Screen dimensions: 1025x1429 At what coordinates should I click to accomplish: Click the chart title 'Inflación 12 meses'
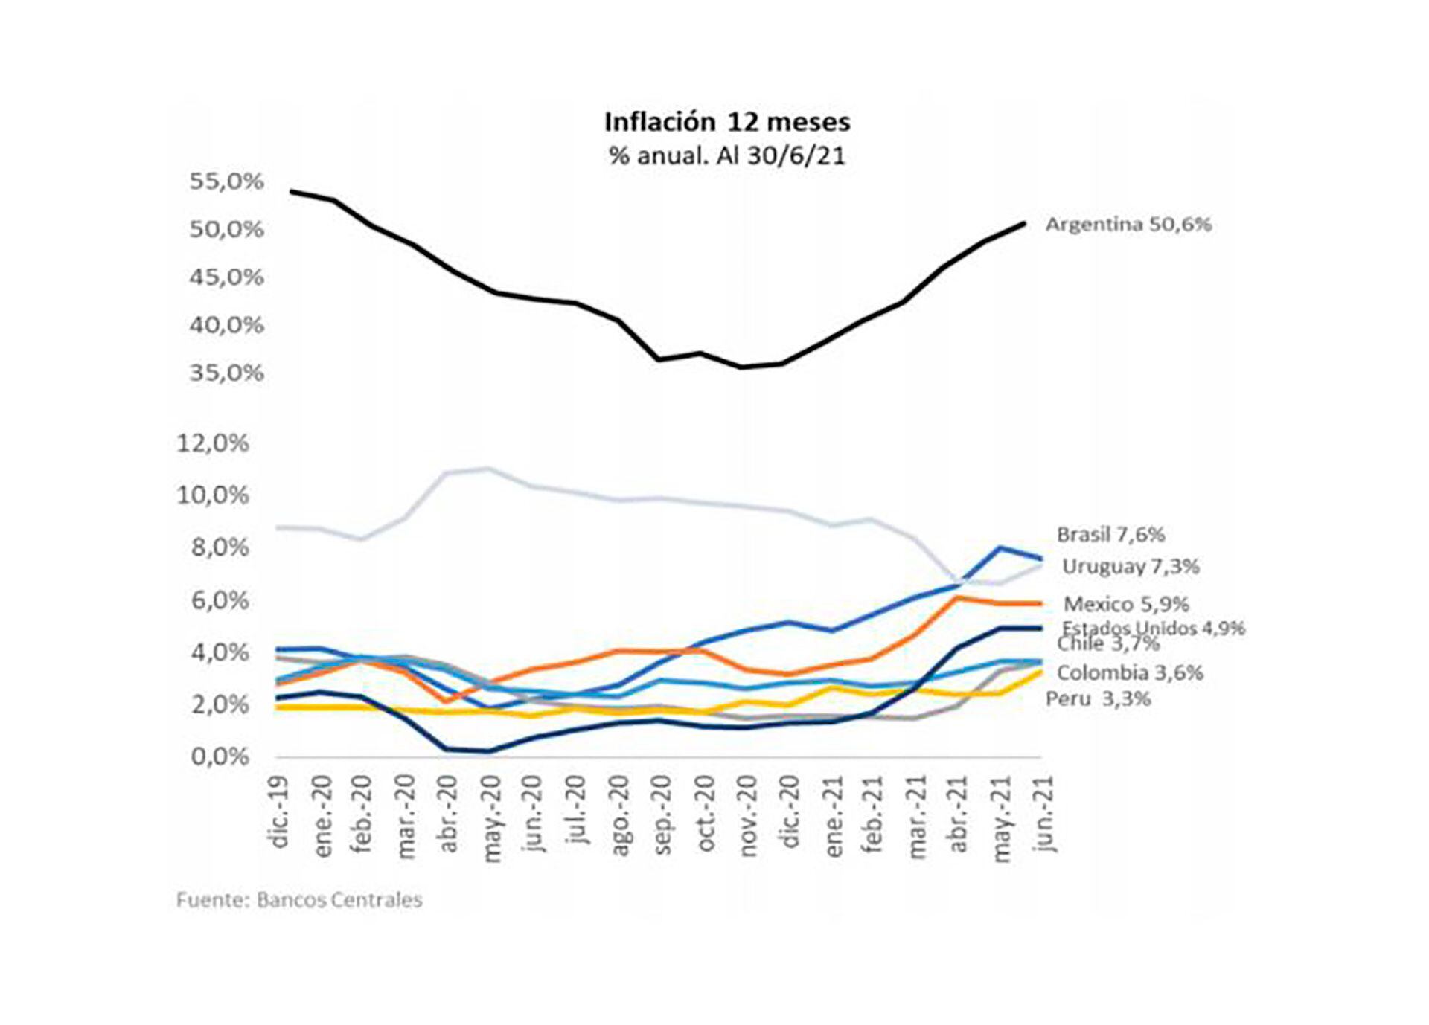726,122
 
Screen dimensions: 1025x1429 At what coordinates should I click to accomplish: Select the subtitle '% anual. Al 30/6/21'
726,156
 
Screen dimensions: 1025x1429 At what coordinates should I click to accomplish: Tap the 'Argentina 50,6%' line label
1128,224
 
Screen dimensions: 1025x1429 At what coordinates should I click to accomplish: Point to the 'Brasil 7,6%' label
1110,534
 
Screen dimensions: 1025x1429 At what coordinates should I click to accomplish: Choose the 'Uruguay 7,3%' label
1130,567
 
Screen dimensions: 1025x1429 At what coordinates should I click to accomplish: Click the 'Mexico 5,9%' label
1126,603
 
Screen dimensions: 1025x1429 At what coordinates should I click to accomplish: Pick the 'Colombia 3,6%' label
1130,672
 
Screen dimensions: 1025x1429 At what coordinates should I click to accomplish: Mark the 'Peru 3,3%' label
1098,698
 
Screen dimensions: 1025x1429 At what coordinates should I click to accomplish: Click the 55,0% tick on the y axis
226,181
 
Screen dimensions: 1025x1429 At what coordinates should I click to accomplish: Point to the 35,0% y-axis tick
226,373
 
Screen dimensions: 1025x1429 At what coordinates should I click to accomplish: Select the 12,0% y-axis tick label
212,443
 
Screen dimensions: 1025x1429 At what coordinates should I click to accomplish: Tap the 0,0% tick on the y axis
220,757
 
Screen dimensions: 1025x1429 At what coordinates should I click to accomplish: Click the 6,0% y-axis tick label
220,600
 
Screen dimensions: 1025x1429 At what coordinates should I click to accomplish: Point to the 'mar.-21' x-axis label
917,817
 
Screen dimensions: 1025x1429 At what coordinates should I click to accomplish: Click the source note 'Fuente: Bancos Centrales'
299,900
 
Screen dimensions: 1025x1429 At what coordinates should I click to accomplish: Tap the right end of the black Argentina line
1024,223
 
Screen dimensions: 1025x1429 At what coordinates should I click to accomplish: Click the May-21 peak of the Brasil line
1000,548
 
